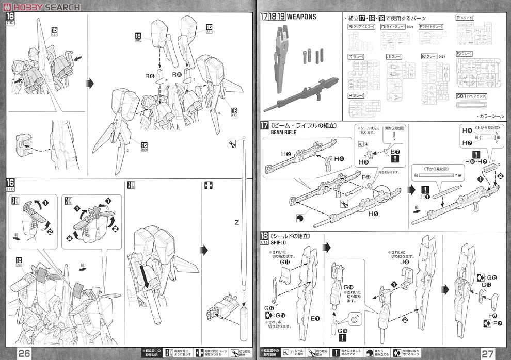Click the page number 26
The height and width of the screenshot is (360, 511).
24,353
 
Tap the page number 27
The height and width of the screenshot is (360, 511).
488,353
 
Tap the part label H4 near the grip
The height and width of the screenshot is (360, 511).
339,158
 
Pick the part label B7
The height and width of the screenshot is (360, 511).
395,151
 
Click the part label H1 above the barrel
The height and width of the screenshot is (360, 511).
425,197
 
